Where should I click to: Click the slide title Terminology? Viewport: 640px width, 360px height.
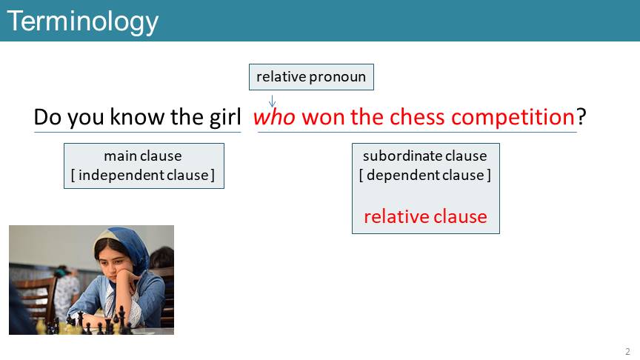[83, 22]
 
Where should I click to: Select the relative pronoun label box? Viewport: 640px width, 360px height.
[311, 77]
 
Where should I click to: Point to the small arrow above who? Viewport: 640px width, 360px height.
[273, 101]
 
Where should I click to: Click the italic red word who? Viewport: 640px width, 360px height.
[274, 117]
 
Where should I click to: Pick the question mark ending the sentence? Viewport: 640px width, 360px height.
[581, 117]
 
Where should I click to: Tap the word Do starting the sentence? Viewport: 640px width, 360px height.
[48, 117]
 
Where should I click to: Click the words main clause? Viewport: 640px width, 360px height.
[143, 156]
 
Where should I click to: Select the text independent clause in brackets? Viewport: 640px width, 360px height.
[143, 175]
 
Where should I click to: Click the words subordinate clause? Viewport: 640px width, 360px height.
[425, 156]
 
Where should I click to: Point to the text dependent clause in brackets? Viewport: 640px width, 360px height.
[425, 175]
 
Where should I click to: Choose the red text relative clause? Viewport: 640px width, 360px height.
[425, 216]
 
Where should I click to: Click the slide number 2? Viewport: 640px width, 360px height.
[627, 351]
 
